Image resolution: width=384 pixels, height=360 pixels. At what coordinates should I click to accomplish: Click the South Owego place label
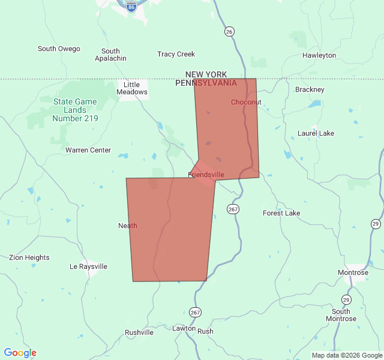tap(59, 49)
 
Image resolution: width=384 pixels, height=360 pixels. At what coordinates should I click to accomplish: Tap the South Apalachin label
tap(110, 55)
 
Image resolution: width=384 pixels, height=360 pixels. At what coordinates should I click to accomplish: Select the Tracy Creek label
tap(176, 54)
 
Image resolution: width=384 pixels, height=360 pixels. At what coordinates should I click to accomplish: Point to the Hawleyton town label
tap(319, 55)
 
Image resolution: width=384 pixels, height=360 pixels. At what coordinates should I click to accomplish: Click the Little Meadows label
tap(132, 88)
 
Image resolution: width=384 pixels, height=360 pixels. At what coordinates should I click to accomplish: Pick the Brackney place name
tap(310, 89)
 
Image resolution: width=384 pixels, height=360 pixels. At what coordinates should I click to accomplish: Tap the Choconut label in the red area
tap(246, 102)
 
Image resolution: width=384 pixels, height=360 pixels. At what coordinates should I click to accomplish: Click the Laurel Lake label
tap(316, 133)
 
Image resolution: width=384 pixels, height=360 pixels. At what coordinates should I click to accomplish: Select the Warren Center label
tap(88, 150)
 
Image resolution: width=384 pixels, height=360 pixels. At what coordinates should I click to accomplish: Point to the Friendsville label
tap(206, 175)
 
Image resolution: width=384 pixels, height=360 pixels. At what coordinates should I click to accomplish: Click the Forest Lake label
tap(281, 213)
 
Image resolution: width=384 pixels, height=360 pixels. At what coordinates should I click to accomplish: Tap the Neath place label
tap(128, 226)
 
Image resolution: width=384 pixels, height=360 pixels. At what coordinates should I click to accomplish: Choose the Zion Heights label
tap(29, 257)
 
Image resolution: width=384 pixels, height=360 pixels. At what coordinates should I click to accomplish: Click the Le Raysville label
tap(88, 266)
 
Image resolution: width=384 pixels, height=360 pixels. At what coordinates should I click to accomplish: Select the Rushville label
tap(139, 332)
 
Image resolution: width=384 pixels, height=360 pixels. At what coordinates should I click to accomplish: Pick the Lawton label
tap(184, 328)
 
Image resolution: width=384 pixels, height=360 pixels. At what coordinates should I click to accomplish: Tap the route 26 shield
tap(229, 31)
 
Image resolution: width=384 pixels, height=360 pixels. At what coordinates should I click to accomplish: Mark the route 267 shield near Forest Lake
tap(233, 209)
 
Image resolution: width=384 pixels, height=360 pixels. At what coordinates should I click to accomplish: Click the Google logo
tap(20, 353)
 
